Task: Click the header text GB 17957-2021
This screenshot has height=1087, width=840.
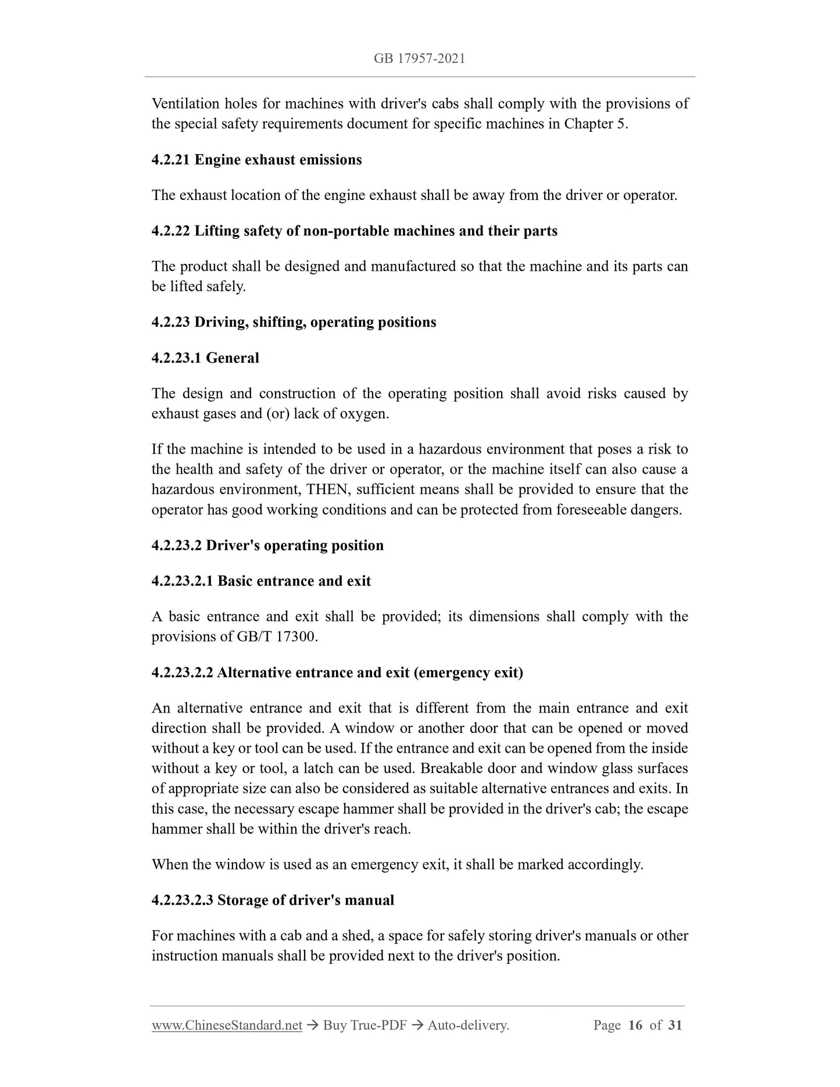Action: click(x=419, y=59)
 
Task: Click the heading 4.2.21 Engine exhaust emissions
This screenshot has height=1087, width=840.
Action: click(x=256, y=160)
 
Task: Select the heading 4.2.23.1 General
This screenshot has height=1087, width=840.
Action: click(x=205, y=357)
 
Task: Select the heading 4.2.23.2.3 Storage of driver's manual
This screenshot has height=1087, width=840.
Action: click(x=273, y=900)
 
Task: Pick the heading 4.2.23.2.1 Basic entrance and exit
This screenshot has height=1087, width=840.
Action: click(x=261, y=581)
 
